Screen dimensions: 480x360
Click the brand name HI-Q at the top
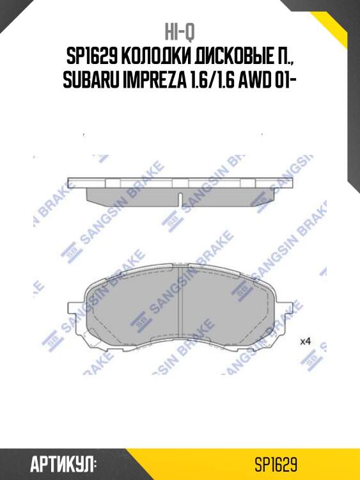point(180,32)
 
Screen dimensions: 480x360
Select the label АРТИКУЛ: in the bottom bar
point(63,462)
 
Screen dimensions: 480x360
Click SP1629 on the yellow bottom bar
point(276,462)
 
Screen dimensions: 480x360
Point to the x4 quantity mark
point(305,341)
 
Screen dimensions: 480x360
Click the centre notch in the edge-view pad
point(180,199)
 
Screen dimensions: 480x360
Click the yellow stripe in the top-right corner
point(339,26)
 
